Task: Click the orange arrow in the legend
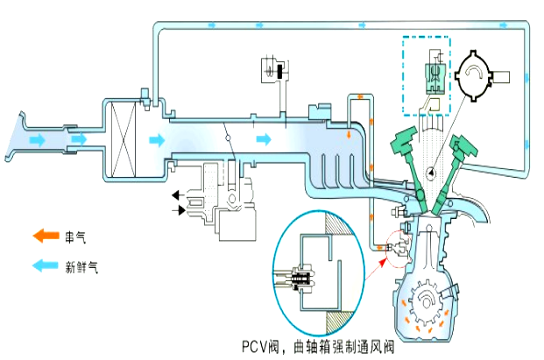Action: tap(45, 235)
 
